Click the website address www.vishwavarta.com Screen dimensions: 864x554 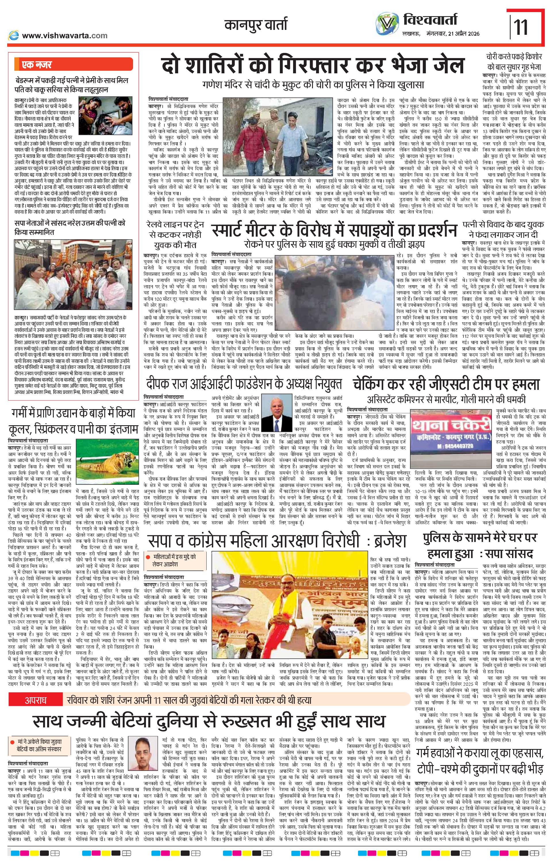click(64, 35)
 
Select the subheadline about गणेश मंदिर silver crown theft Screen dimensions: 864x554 click(313, 85)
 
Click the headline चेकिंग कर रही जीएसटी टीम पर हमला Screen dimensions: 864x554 click(446, 384)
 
